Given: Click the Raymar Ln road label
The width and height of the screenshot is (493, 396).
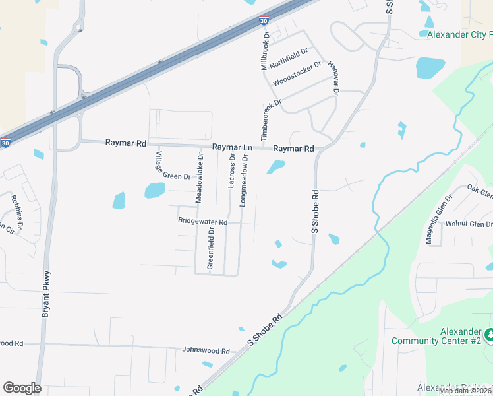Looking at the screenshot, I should [x=232, y=148].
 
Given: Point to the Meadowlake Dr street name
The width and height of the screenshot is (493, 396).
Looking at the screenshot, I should [x=198, y=178].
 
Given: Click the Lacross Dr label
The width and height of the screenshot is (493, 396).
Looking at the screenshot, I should [x=231, y=170].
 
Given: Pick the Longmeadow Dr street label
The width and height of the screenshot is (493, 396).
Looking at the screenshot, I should [x=244, y=180].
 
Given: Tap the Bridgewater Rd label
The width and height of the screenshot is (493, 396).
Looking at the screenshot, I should [x=202, y=222].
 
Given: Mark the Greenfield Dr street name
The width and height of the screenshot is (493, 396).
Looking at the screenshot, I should [x=211, y=247].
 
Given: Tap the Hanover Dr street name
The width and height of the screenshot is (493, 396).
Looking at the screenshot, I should [x=333, y=79].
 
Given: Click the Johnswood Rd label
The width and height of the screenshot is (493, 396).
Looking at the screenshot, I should [x=206, y=352].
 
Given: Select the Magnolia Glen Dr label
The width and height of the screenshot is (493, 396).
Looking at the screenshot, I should [x=439, y=219].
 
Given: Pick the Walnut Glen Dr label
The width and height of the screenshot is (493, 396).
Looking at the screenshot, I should [x=469, y=224].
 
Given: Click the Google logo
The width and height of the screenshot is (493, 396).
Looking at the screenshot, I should [x=22, y=388].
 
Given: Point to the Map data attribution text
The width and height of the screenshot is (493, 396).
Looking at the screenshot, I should [x=465, y=391].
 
